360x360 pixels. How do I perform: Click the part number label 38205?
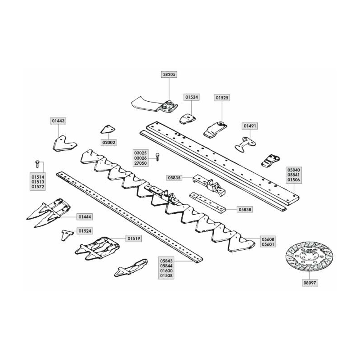169,74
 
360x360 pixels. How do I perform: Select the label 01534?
192,97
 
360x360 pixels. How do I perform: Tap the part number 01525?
222,98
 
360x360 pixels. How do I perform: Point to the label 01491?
250,126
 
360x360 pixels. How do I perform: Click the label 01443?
58,121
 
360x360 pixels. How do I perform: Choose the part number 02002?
109,143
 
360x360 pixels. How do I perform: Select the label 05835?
174,178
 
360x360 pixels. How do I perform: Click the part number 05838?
245,210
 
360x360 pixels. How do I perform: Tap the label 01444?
85,217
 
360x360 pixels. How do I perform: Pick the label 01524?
85,231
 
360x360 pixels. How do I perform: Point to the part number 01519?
134,238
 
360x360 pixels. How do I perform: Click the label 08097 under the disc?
310,283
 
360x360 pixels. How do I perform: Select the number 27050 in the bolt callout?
140,163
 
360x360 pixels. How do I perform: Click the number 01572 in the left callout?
38,187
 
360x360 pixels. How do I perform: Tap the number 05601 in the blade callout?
268,244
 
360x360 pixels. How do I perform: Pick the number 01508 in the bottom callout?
166,275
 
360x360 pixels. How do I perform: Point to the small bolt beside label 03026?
157,157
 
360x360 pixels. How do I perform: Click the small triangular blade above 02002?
108,130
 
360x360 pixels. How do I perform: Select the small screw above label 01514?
37,164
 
